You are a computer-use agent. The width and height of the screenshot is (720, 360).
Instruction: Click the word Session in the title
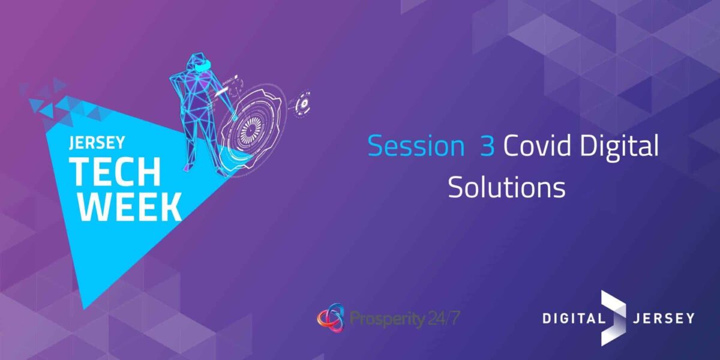[416, 146]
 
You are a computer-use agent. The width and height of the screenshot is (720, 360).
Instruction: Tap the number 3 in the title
[487, 146]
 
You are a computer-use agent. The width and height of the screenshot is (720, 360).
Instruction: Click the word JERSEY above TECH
[97, 143]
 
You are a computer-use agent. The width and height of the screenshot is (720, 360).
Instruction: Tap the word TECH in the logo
[115, 172]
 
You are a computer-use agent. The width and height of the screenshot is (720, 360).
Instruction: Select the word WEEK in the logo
[129, 206]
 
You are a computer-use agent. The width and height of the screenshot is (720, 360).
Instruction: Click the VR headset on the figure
[203, 66]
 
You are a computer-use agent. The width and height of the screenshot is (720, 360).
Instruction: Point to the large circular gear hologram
[251, 127]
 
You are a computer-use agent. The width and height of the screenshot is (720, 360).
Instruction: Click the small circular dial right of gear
[303, 103]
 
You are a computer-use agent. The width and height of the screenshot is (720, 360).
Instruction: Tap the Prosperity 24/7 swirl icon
[331, 317]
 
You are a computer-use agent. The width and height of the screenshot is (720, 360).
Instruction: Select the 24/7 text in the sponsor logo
[444, 318]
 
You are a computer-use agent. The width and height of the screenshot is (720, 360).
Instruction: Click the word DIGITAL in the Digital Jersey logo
[574, 319]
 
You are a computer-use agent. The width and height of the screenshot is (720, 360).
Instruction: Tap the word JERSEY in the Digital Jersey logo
[663, 319]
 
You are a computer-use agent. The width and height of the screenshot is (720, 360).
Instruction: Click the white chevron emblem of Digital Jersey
[614, 318]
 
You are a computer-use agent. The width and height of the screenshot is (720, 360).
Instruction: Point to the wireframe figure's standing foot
[188, 167]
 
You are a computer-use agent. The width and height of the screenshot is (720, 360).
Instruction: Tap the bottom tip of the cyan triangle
[84, 309]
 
